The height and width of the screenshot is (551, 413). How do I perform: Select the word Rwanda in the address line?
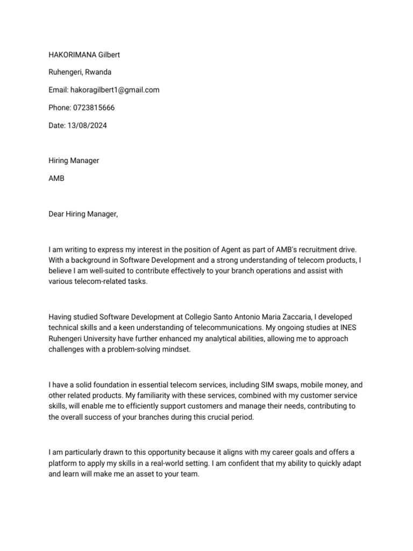click(x=99, y=72)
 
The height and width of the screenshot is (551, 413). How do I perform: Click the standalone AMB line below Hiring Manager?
click(x=56, y=178)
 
